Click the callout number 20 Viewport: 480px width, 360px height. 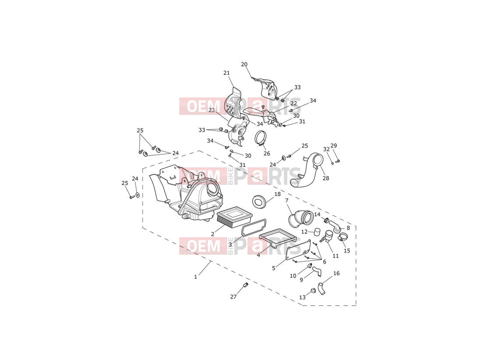pyautogui.click(x=244, y=64)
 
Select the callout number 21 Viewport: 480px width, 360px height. pyautogui.click(x=226, y=73)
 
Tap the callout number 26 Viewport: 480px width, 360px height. pyautogui.click(x=267, y=153)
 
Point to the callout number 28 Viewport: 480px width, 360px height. pyautogui.click(x=326, y=178)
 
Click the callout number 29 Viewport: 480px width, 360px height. pyautogui.click(x=334, y=145)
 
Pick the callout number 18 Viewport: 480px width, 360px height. pyautogui.click(x=277, y=194)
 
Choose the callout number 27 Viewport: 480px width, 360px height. pyautogui.click(x=233, y=296)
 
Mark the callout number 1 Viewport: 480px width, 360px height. pyautogui.click(x=195, y=277)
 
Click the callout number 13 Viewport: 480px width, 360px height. pyautogui.click(x=303, y=297)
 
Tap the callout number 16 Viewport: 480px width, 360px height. pyautogui.click(x=337, y=273)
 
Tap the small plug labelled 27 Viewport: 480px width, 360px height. pyautogui.click(x=246, y=285)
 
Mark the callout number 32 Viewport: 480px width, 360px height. pyautogui.click(x=326, y=149)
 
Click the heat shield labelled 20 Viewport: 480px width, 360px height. pyautogui.click(x=266, y=87)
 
